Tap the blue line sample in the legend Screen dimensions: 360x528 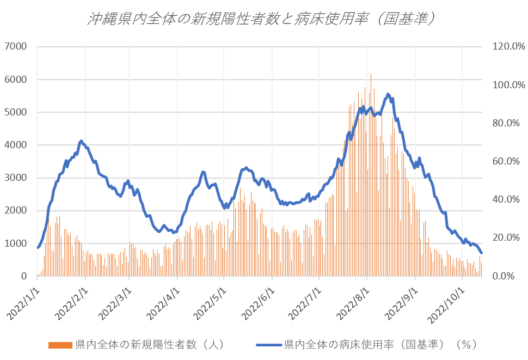(268, 345)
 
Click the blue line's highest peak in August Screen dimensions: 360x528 (388, 94)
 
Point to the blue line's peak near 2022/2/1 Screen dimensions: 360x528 (81, 141)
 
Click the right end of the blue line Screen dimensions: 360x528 (481, 253)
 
